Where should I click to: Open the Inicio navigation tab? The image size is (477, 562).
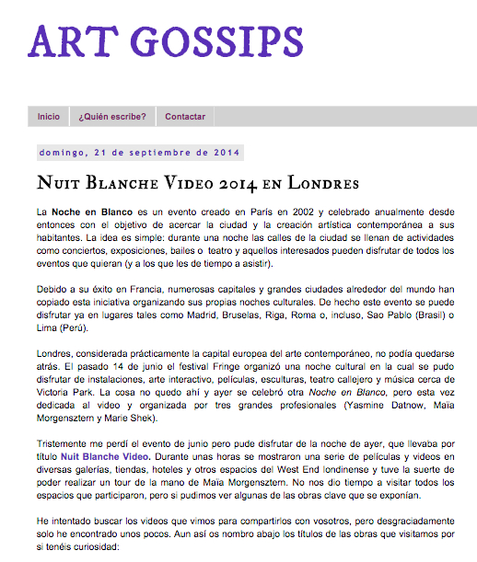click(x=49, y=117)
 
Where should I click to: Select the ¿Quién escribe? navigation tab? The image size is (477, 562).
click(x=112, y=117)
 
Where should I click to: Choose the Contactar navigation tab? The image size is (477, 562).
click(x=185, y=117)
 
